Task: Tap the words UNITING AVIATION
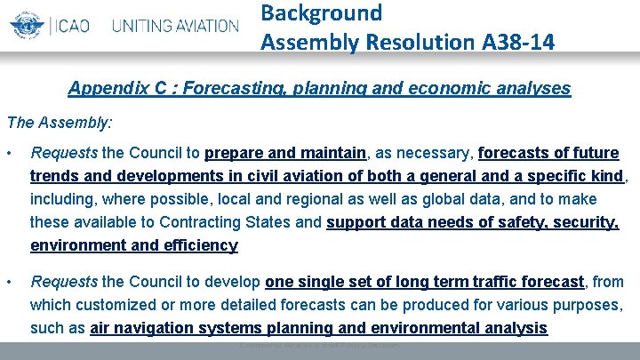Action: click(x=175, y=25)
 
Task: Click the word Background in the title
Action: click(x=322, y=12)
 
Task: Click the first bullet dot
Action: click(x=10, y=153)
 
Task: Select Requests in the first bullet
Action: click(x=62, y=153)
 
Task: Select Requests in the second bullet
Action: click(x=62, y=283)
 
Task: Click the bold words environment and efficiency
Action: click(x=133, y=245)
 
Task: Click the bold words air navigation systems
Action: click(x=178, y=328)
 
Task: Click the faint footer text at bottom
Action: click(x=319, y=345)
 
